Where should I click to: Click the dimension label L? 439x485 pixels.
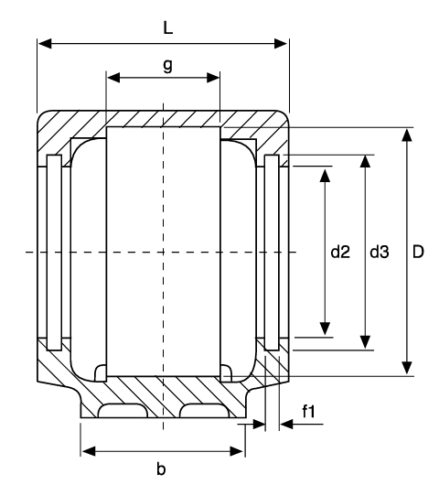click(x=167, y=28)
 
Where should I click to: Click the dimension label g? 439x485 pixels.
click(x=167, y=65)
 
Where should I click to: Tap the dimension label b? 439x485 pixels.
click(x=161, y=469)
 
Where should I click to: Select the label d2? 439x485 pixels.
click(x=340, y=252)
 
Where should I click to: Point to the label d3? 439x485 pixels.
click(x=380, y=252)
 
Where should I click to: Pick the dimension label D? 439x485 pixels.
click(x=418, y=252)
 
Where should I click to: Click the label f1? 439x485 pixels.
click(x=308, y=412)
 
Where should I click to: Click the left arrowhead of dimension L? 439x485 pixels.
click(x=45, y=44)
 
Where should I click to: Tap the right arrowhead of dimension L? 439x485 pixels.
click(x=282, y=44)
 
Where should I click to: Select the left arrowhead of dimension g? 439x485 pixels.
click(x=113, y=78)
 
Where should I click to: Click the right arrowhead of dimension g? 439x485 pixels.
click(x=213, y=78)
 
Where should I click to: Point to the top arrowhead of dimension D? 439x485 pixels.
click(x=407, y=135)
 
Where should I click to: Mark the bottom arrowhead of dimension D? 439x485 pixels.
click(x=407, y=368)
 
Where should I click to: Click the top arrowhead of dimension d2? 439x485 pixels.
click(x=325, y=175)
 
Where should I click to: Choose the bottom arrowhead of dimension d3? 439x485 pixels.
click(x=366, y=342)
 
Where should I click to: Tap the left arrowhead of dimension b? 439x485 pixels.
click(x=89, y=451)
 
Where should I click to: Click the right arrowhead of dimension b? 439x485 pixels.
click(x=237, y=451)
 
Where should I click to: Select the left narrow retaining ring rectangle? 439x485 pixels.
click(x=54, y=253)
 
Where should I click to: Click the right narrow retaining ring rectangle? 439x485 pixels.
click(x=272, y=253)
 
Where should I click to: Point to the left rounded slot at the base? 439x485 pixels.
click(x=123, y=411)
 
